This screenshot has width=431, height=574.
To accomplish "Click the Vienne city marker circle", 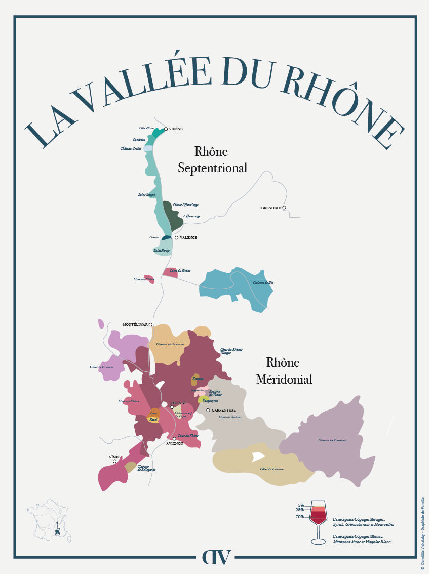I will (x=166, y=129).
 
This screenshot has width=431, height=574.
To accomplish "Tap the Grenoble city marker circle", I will (x=284, y=208).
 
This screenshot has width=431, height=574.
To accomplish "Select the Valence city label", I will (x=188, y=237).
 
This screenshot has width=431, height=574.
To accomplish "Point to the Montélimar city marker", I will (x=150, y=325).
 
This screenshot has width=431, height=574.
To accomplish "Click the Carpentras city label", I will (x=223, y=410).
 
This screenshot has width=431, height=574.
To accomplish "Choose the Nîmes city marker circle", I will (x=115, y=461).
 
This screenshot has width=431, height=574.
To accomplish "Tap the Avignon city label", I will (x=175, y=443).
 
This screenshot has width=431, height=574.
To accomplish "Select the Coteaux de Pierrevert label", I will (x=332, y=440).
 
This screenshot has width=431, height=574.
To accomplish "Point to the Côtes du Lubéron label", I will (x=271, y=469).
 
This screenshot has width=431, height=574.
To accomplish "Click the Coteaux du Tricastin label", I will (x=170, y=344).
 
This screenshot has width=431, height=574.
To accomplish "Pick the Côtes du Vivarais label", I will (x=101, y=367).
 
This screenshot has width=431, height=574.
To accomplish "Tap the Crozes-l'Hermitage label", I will (x=185, y=205).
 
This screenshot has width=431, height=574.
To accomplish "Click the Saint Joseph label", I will (x=146, y=194).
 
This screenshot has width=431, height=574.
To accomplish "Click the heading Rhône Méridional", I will (x=284, y=371).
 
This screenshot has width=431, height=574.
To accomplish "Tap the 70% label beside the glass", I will (x=300, y=517).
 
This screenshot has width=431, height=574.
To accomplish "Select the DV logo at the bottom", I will (x=216, y=557).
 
